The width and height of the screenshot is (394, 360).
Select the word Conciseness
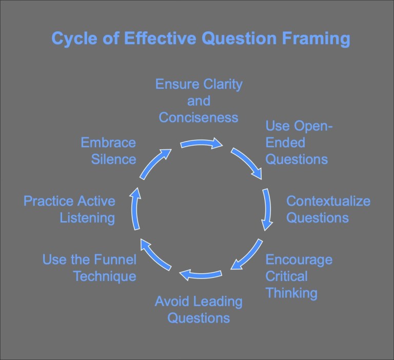click(x=199, y=117)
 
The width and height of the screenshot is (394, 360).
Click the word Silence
click(x=114, y=159)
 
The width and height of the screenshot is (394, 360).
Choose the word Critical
click(x=286, y=276)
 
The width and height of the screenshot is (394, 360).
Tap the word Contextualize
click(x=328, y=201)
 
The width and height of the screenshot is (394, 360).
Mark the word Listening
click(x=87, y=218)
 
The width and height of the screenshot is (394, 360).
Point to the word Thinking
click(x=291, y=293)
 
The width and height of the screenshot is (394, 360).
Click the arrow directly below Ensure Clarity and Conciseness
click(x=201, y=144)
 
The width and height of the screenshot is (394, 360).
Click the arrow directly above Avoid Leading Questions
click(x=201, y=275)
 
